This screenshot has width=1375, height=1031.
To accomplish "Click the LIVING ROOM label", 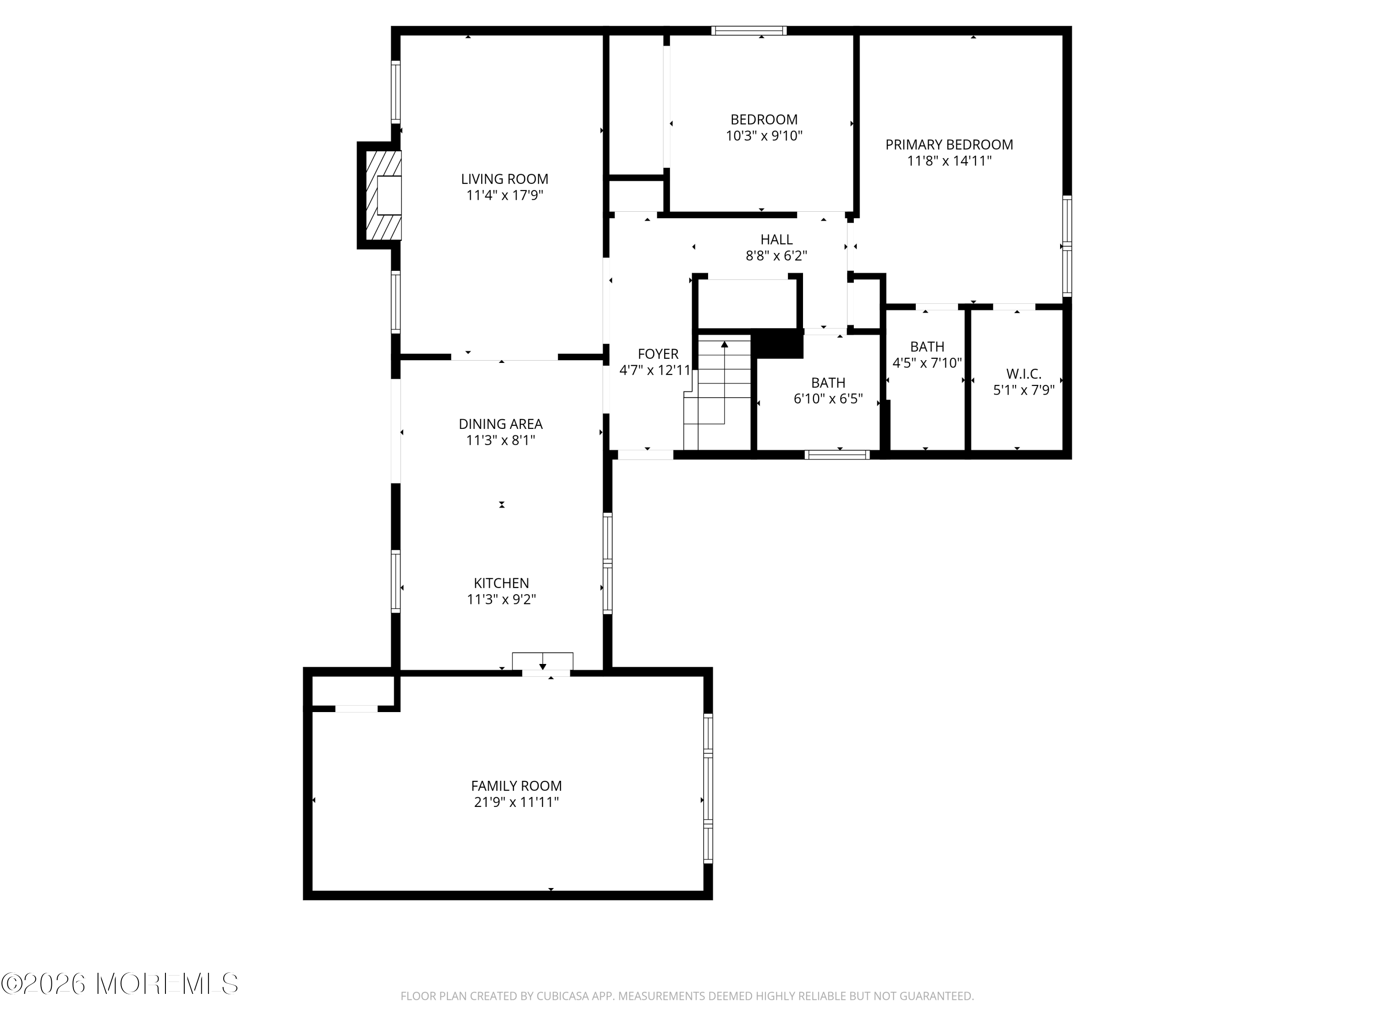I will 504,179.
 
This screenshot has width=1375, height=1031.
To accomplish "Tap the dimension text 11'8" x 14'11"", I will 949,161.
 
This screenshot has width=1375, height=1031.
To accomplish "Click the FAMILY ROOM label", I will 516,785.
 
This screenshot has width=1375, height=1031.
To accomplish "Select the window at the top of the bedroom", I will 748,30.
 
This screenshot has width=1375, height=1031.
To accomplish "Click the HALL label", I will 776,239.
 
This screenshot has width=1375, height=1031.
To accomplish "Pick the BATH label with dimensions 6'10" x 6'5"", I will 828,383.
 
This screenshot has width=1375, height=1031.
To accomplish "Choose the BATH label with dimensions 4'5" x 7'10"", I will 927,347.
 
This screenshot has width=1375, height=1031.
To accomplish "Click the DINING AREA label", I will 500,424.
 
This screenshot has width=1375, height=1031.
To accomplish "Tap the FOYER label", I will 658,354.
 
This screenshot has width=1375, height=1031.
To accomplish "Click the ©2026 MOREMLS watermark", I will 119,984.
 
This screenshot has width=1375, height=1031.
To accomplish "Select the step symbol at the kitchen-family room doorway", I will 542,661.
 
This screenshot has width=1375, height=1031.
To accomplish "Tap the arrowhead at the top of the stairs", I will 724,344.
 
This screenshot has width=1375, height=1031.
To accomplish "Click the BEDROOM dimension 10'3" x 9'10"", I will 764,136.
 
